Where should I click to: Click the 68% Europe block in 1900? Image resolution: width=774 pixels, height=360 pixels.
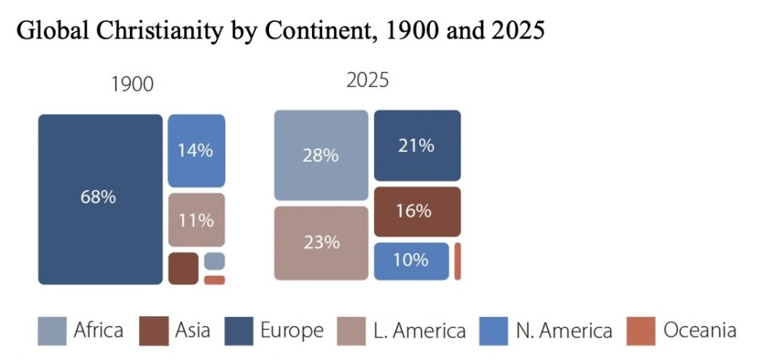100,199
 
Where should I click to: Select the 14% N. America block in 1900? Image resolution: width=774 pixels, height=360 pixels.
196,151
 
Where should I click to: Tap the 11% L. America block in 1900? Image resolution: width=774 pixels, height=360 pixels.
196,220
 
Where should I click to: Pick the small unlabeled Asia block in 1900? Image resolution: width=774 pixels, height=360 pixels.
183,268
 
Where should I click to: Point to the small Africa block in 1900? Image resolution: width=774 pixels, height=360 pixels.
214,261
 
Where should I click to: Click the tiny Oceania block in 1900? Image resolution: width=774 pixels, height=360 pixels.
214,280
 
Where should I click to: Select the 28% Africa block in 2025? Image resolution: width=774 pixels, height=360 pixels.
320,155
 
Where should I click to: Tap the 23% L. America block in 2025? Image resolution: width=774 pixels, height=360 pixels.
320,244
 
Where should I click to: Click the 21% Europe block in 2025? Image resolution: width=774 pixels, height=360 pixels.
417,145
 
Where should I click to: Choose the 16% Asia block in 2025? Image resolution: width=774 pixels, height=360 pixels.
417,212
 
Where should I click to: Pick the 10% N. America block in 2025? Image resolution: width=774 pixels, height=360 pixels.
411,261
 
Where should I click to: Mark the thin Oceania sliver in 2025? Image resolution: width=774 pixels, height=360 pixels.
457,262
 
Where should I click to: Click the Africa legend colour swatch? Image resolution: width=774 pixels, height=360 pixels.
52,331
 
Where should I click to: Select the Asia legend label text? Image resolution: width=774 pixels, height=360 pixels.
193,331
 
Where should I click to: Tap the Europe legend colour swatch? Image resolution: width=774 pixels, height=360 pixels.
238,331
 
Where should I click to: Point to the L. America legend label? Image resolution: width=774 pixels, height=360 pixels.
420,331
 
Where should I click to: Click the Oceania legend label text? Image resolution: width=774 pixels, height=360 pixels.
699,331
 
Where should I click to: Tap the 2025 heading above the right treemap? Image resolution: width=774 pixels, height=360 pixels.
367,80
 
